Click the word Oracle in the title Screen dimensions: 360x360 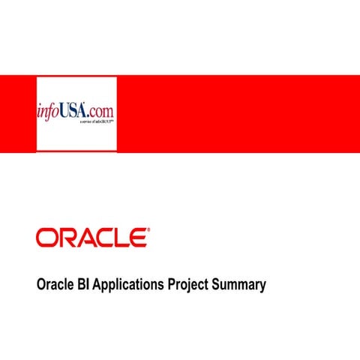[x=55, y=285]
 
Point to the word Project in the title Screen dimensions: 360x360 [x=188, y=286]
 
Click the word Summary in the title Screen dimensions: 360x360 [x=239, y=286]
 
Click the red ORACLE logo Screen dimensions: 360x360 [x=91, y=238]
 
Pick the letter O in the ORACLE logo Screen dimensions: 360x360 [x=46, y=238]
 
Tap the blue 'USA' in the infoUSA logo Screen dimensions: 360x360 [x=77, y=112]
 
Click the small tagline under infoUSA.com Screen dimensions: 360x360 [x=95, y=125]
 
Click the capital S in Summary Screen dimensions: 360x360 [x=216, y=285]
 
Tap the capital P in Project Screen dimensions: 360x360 [x=172, y=285]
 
